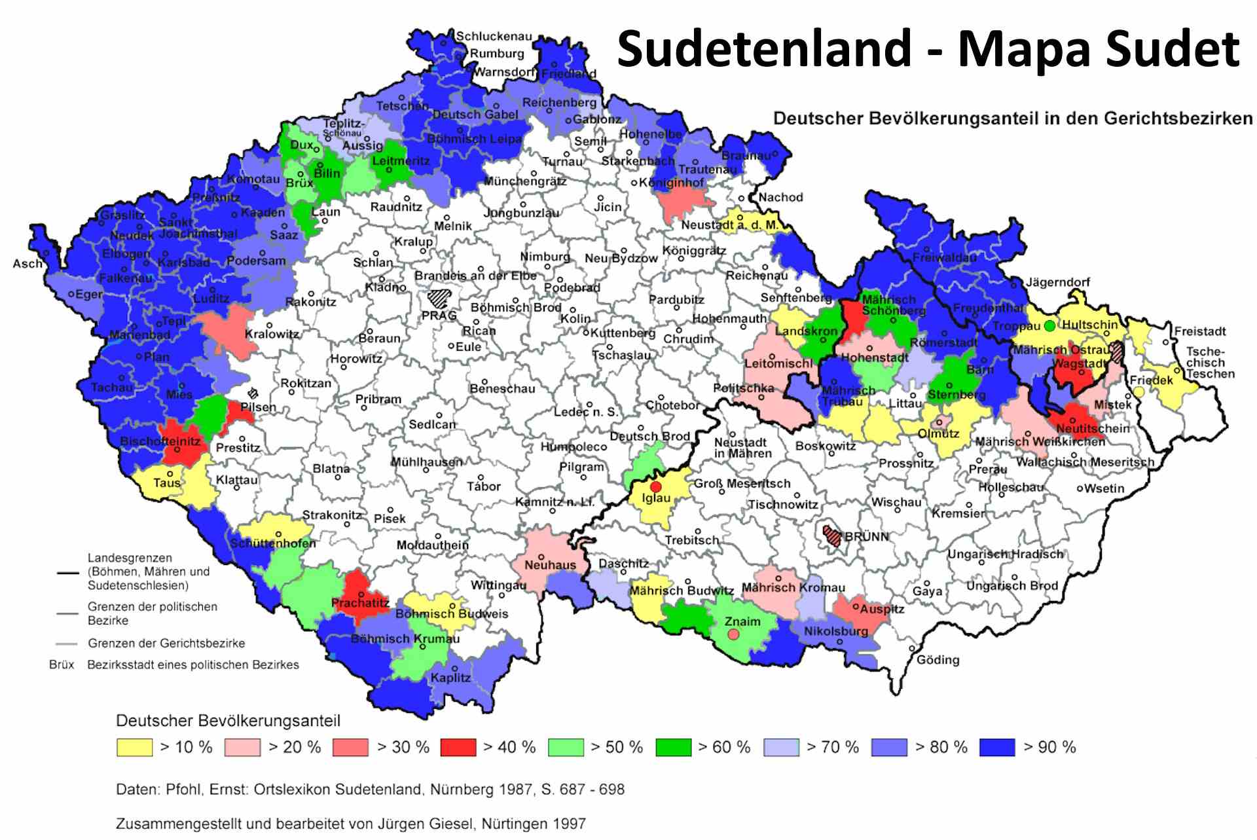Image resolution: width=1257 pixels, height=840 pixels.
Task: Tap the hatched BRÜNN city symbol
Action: tap(832, 535)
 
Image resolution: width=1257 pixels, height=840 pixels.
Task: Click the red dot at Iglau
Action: tap(656, 486)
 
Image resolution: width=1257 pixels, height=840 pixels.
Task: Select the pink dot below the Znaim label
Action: tap(734, 634)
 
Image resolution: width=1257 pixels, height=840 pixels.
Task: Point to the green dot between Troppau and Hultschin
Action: tap(1049, 325)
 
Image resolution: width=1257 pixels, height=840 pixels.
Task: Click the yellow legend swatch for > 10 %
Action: tap(134, 747)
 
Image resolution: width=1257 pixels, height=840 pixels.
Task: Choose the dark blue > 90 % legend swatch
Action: tap(997, 747)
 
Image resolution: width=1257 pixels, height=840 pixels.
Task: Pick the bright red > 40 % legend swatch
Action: tap(458, 747)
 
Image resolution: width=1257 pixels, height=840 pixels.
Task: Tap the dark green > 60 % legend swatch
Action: tap(674, 747)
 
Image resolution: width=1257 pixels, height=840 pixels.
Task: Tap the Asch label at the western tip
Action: tap(27, 264)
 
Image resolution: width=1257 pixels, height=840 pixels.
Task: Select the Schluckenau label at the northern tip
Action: tap(494, 37)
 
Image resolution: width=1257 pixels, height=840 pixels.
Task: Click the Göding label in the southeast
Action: tap(938, 660)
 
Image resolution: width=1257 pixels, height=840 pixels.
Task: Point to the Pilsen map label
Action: tap(258, 407)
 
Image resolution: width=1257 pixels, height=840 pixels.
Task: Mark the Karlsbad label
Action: tap(183, 263)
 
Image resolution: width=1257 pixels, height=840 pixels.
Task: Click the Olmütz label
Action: tap(938, 433)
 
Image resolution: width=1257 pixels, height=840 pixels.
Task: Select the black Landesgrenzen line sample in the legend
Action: tap(67, 572)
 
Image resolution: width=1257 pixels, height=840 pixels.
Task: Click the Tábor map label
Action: tap(483, 486)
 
